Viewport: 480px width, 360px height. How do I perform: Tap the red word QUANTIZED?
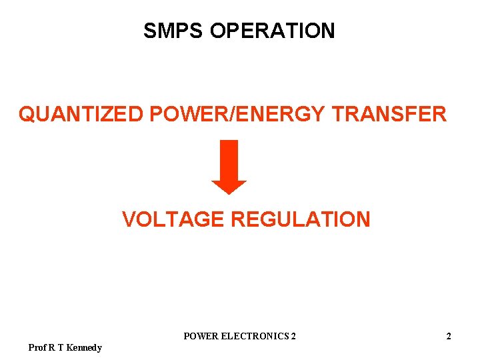pyautogui.click(x=81, y=114)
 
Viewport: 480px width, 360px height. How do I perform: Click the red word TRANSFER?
pyautogui.click(x=389, y=114)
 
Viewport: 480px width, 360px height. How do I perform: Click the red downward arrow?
pyautogui.click(x=229, y=167)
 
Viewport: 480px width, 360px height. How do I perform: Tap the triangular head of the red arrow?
pyautogui.click(x=229, y=187)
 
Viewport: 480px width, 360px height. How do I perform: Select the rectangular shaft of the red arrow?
pyautogui.click(x=229, y=159)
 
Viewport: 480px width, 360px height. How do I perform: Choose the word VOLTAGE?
pyautogui.click(x=173, y=219)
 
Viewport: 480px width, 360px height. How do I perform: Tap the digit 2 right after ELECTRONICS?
pyautogui.click(x=293, y=337)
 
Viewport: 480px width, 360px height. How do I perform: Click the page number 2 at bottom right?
pyautogui.click(x=449, y=337)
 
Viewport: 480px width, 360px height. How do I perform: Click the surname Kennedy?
pyautogui.click(x=84, y=347)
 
